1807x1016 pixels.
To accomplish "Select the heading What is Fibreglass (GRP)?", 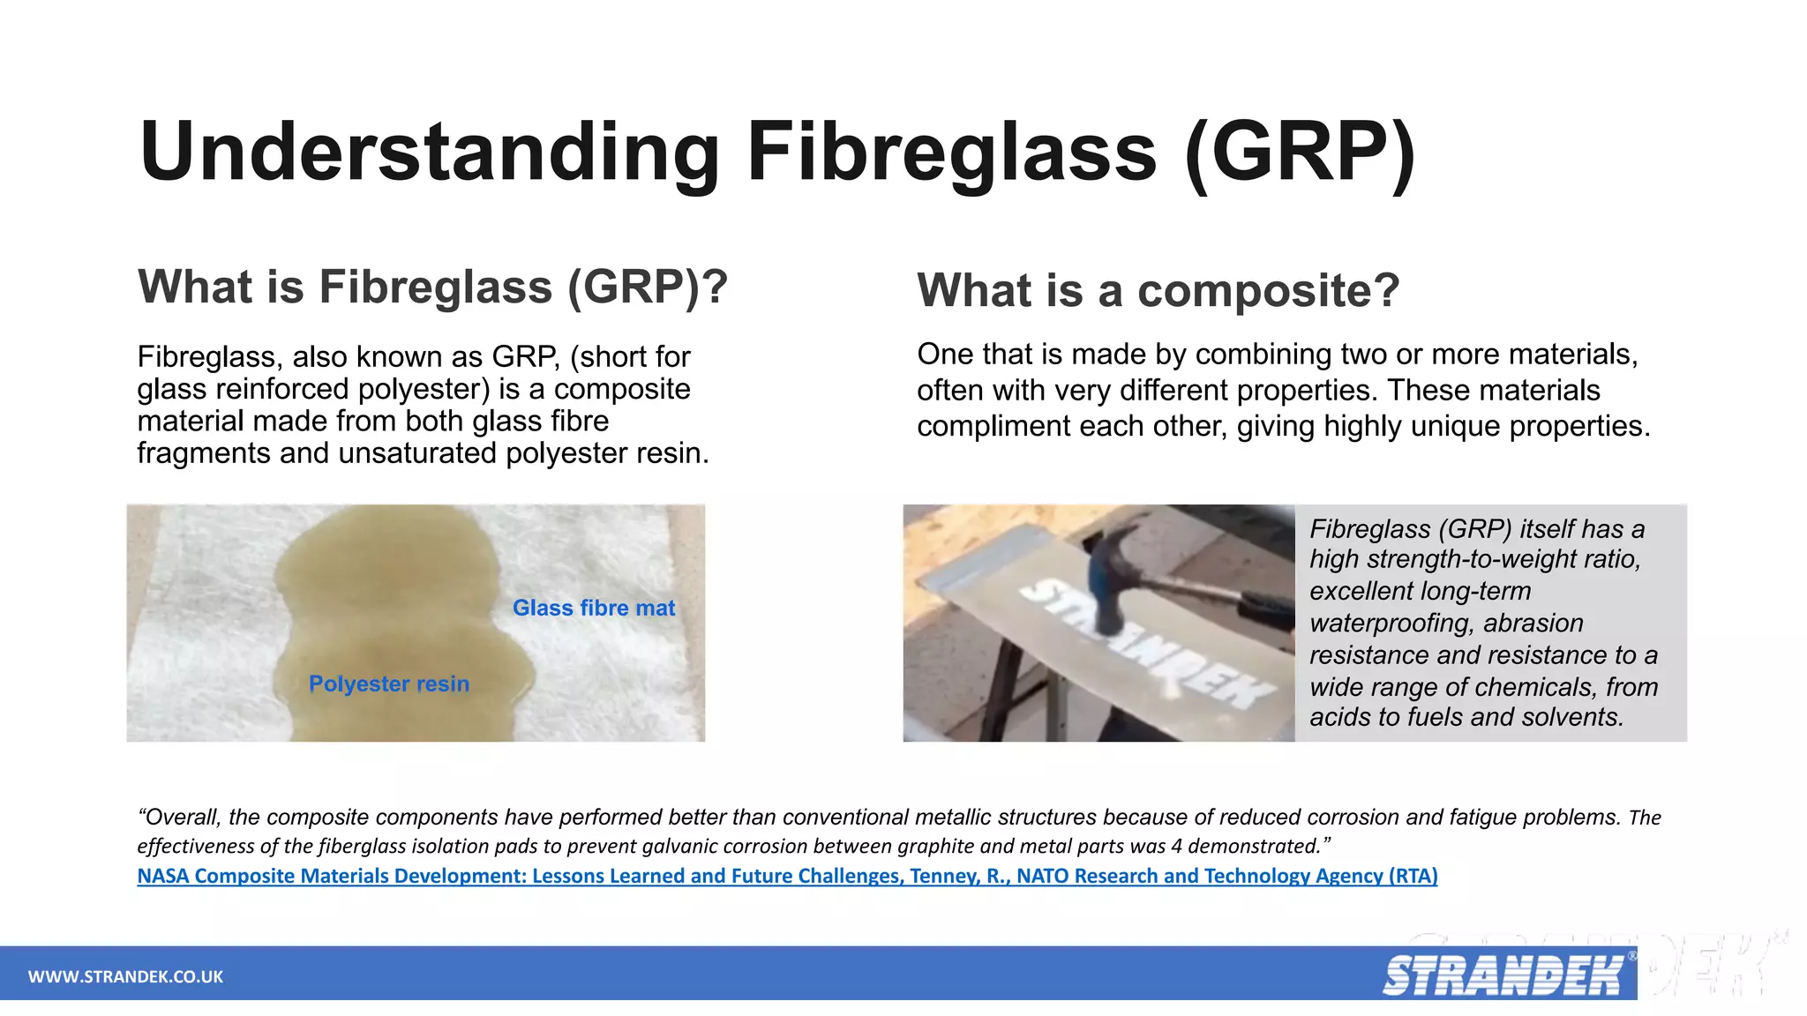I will (432, 287).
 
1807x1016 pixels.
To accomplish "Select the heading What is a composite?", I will (1158, 290).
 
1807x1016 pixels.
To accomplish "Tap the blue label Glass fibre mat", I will (593, 608).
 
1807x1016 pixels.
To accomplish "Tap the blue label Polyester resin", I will (388, 684).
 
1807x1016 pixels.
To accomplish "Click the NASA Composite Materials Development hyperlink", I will (787, 876).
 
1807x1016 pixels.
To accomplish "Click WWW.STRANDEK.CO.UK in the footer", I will (125, 976).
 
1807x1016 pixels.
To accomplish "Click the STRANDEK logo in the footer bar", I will (1502, 975).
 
